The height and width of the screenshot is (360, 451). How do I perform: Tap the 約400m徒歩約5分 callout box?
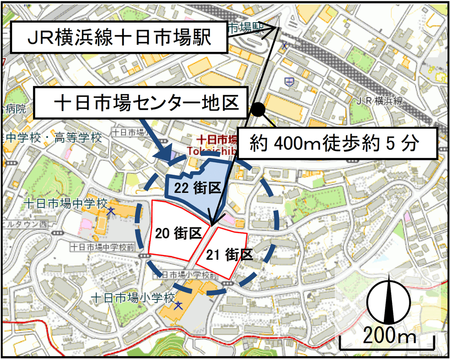tap(337, 143)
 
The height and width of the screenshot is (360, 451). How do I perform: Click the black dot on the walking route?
tap(258, 110)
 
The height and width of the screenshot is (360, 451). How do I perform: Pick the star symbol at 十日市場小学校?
tap(178, 305)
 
